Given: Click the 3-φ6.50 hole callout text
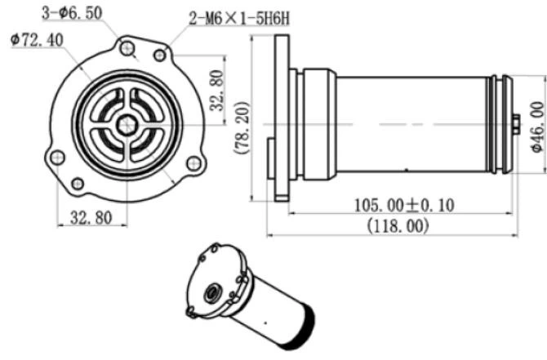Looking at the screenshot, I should [75, 13].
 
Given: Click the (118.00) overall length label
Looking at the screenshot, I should [398, 225].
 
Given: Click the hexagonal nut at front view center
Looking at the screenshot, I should [126, 125].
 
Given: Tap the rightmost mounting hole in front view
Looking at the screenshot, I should [193, 162].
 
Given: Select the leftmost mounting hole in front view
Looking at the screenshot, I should [56, 157].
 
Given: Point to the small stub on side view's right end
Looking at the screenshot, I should [517, 124].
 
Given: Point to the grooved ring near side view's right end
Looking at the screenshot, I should [500, 124].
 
